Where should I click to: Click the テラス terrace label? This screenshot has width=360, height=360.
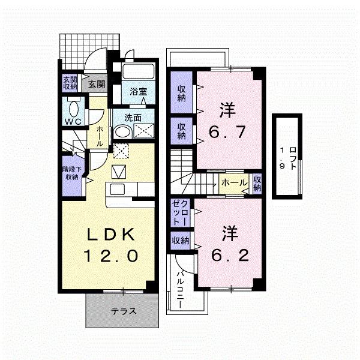tap(124, 311)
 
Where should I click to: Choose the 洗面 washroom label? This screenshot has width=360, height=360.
tap(133, 118)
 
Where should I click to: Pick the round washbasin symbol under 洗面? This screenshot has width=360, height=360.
tap(122, 133)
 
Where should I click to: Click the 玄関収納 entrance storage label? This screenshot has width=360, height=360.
tap(70, 83)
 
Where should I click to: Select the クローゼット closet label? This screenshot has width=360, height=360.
tap(181, 213)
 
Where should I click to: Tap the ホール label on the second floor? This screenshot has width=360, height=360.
tap(234, 184)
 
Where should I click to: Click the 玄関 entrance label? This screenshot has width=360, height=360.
tap(97, 84)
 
